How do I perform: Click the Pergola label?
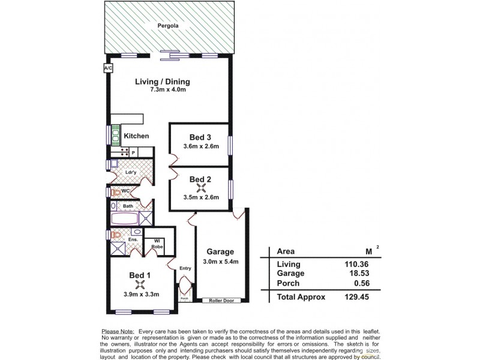[167, 26]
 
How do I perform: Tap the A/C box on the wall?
[108, 69]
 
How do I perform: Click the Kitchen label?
[136, 136]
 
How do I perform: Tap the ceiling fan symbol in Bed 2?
[200, 188]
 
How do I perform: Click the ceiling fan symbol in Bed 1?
[140, 286]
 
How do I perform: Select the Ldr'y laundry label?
[131, 172]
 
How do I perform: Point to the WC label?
[125, 191]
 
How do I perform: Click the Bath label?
[128, 206]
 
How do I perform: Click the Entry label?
[185, 268]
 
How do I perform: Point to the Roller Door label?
[221, 301]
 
